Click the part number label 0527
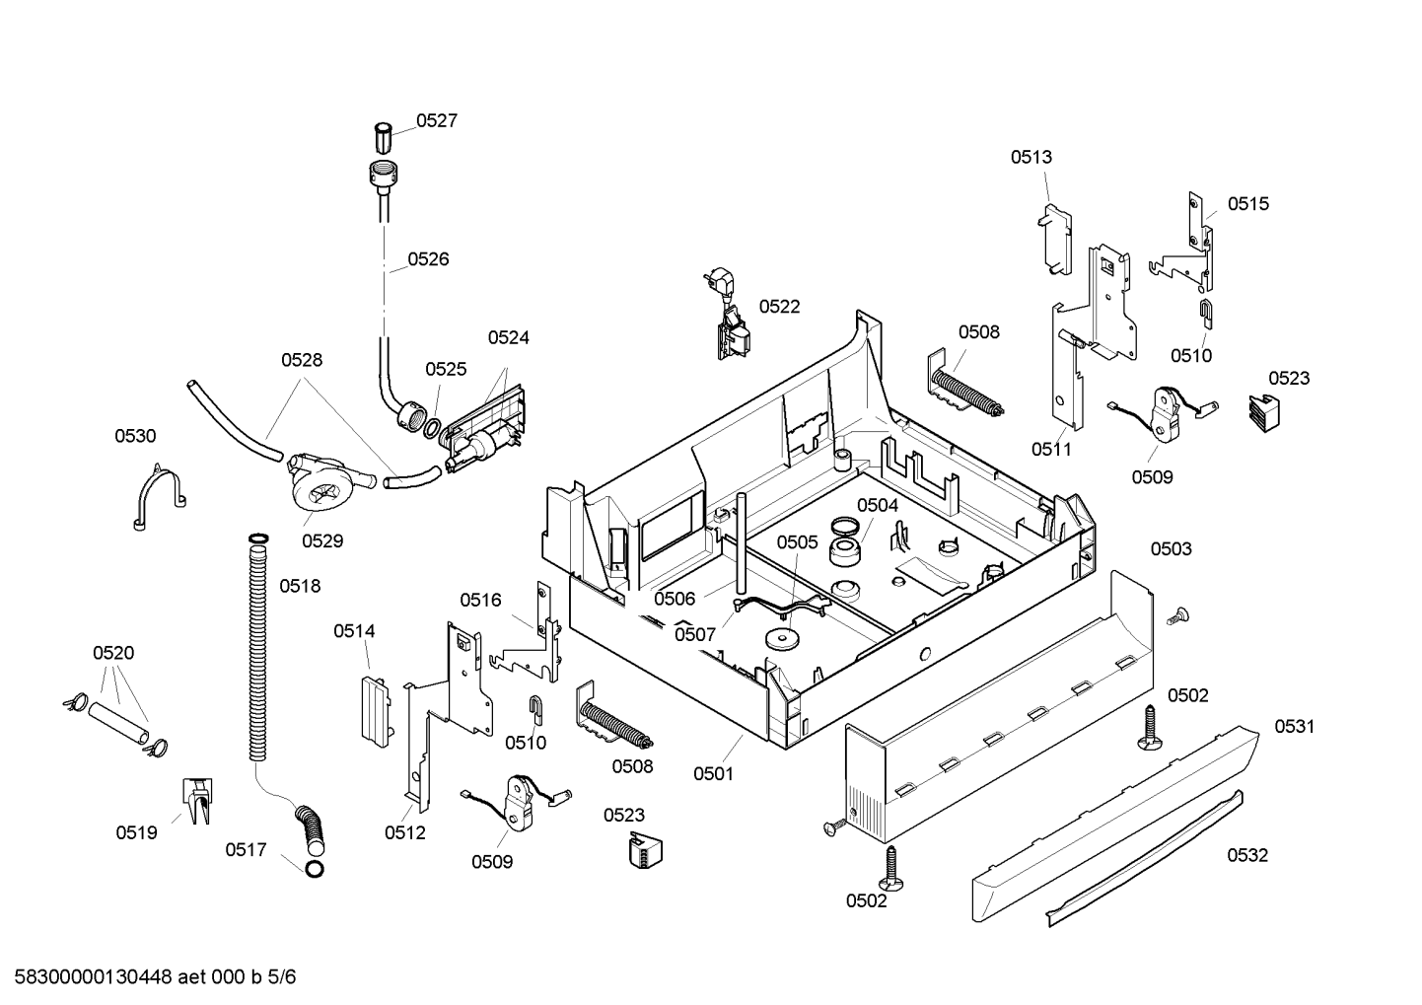(x=437, y=120)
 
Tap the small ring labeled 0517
(x=315, y=869)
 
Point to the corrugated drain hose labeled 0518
(x=258, y=648)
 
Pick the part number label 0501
(x=714, y=774)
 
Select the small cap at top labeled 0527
(x=383, y=138)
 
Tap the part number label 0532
(x=1247, y=855)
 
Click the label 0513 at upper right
(x=1031, y=157)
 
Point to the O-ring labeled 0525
(x=431, y=428)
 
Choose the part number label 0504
(x=878, y=505)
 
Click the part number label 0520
(x=113, y=653)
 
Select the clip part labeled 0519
(x=198, y=800)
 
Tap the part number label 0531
(x=1295, y=726)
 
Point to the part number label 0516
(x=480, y=600)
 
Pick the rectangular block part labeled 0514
(x=377, y=710)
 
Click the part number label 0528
(x=302, y=360)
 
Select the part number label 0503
(x=1172, y=548)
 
